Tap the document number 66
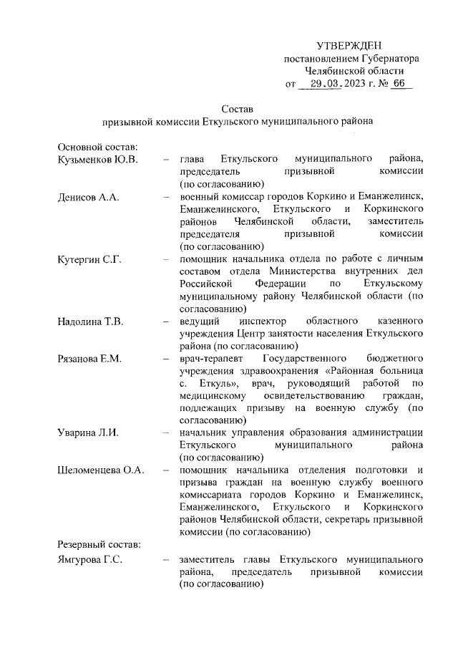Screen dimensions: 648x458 point(398,84)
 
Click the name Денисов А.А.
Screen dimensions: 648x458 point(88,197)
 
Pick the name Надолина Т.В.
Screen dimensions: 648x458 point(91,319)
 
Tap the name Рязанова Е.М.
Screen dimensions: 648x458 point(90,357)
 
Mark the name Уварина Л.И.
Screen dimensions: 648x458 point(88,432)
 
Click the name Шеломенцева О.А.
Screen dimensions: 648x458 point(102,470)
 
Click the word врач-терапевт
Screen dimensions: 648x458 point(212,357)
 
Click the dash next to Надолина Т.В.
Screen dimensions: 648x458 point(167,319)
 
